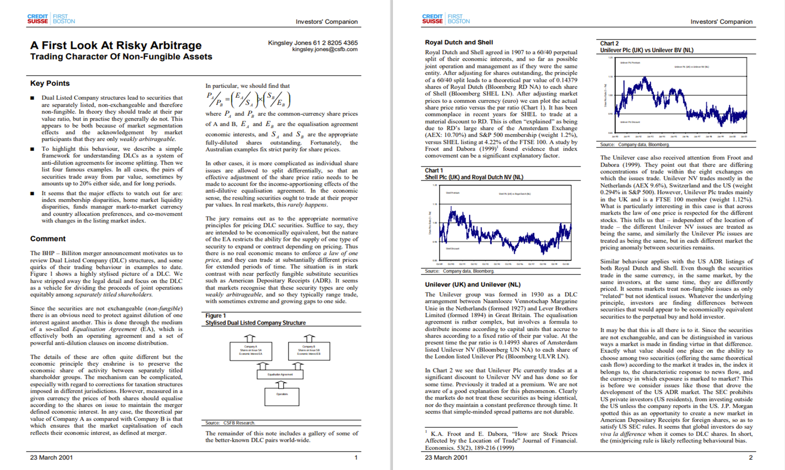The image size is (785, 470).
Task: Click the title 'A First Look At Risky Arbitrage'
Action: (x=116, y=45)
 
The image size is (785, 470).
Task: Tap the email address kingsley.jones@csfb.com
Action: (x=325, y=50)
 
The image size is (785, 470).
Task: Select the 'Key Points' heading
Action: (x=50, y=83)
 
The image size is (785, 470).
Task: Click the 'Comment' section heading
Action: (x=48, y=239)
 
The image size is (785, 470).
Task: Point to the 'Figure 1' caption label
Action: (x=215, y=316)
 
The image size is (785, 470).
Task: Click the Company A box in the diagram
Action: (x=251, y=351)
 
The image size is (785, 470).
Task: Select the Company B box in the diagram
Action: (x=309, y=351)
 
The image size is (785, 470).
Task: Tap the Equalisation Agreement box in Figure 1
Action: (x=280, y=374)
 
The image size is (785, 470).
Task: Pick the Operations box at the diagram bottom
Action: (x=282, y=396)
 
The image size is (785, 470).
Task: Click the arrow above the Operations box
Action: (x=281, y=384)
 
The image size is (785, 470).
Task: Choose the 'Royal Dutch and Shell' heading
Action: (x=459, y=42)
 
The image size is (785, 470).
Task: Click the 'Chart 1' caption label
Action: (x=434, y=171)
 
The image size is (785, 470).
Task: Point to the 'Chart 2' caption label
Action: (x=609, y=44)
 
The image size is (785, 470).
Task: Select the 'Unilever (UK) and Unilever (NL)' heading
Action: (x=472, y=285)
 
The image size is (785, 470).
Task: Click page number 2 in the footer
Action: (x=751, y=457)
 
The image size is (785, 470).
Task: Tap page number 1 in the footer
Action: (x=356, y=457)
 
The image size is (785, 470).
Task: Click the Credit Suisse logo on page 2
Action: (x=432, y=19)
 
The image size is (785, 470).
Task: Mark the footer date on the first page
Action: (x=51, y=457)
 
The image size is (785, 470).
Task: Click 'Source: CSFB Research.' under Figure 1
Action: (x=230, y=423)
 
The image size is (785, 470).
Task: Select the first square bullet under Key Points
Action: (x=33, y=98)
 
